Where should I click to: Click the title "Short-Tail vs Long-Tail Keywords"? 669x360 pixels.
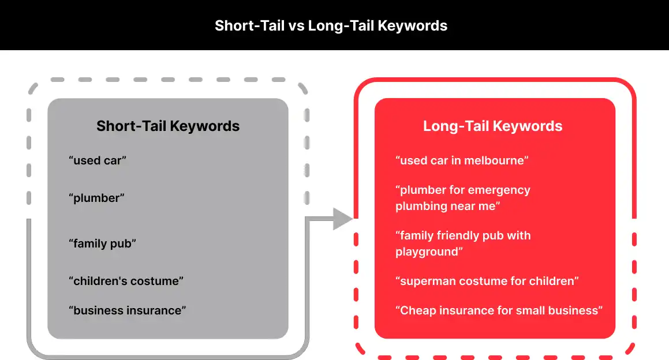click(x=331, y=25)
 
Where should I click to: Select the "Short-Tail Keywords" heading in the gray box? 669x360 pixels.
click(x=167, y=126)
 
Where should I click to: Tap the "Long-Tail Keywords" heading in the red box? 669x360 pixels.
click(x=493, y=126)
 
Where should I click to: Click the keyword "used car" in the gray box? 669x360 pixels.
click(x=98, y=160)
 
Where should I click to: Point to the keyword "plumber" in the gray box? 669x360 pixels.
click(x=96, y=198)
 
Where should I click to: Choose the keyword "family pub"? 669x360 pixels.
click(x=102, y=243)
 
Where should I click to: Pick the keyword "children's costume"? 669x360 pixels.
click(x=126, y=281)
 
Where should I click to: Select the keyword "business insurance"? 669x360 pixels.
click(x=128, y=310)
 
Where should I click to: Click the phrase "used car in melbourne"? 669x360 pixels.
click(x=462, y=160)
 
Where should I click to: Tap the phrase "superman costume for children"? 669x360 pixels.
click(x=487, y=281)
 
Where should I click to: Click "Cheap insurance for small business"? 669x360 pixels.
click(x=499, y=310)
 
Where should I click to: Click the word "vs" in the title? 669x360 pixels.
click(x=296, y=26)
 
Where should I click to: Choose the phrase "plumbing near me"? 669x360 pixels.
click(x=447, y=207)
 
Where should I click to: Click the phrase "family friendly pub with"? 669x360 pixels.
click(x=463, y=235)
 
